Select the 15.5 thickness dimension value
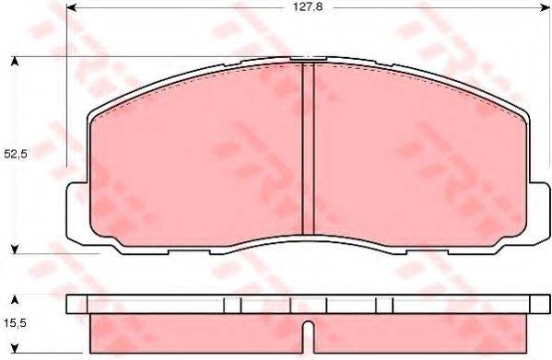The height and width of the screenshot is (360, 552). tap(16, 323)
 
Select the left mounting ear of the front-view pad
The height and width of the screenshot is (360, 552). tap(77, 208)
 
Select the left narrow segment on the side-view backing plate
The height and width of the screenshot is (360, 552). tap(233, 304)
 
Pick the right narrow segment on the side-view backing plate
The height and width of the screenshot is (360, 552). tap(384, 304)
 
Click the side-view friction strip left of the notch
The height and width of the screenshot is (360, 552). tap(194, 334)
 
